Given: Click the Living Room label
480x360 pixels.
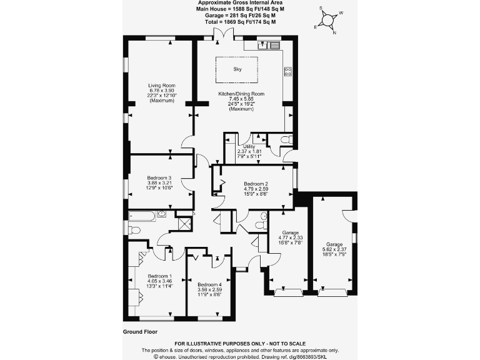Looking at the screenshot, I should [161, 93].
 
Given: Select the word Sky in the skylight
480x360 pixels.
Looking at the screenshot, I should [237, 69].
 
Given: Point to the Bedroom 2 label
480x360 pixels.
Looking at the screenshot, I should [256, 187].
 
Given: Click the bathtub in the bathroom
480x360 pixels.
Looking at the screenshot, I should [142, 215].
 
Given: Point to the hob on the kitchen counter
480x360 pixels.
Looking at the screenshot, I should [288, 72].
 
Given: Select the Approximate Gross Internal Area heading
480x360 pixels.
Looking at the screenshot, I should [240, 3].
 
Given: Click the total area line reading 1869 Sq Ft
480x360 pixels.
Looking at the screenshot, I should [240, 22].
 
